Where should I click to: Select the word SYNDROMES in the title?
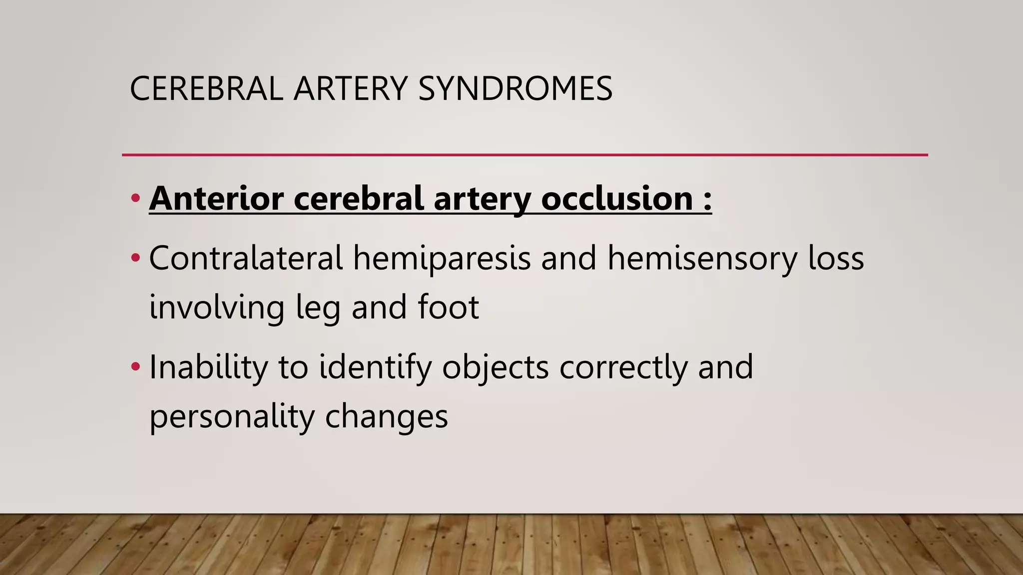click(x=515, y=89)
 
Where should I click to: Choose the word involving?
click(x=217, y=307)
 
